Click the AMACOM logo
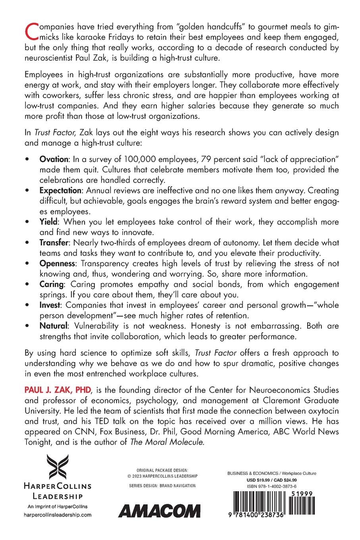click(160, 511)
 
